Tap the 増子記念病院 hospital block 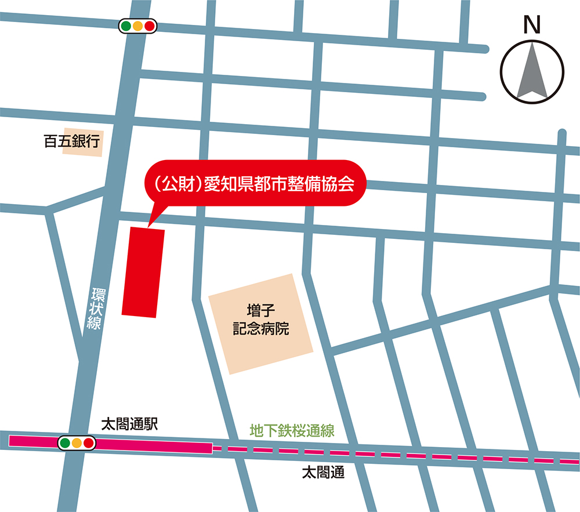261,324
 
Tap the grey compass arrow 532,72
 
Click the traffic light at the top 138,26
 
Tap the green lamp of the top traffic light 126,26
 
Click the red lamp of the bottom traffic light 89,444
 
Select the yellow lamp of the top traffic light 138,26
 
